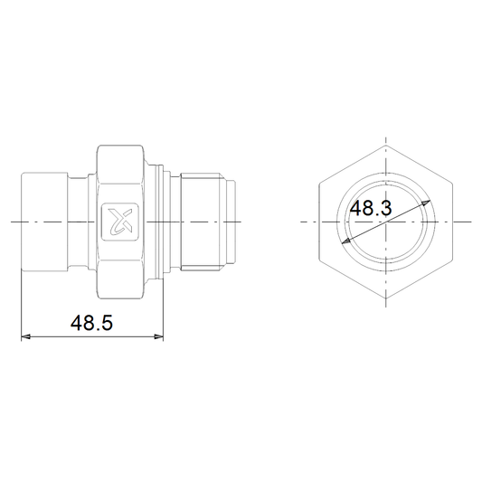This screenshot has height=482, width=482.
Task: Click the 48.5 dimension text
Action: point(91,323)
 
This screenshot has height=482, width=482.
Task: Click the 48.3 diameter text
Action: point(371,208)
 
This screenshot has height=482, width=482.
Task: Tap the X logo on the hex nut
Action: point(120,222)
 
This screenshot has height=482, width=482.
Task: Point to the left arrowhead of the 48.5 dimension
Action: point(25,337)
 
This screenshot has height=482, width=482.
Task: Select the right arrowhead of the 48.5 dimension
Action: point(158,337)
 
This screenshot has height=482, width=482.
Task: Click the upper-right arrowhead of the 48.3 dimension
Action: point(426,203)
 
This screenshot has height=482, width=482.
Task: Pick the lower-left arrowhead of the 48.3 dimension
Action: point(346,241)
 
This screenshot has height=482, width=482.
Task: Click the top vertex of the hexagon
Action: point(386,146)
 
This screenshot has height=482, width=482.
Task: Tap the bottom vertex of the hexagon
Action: point(386,298)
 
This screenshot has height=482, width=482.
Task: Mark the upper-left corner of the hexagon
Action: point(319,184)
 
